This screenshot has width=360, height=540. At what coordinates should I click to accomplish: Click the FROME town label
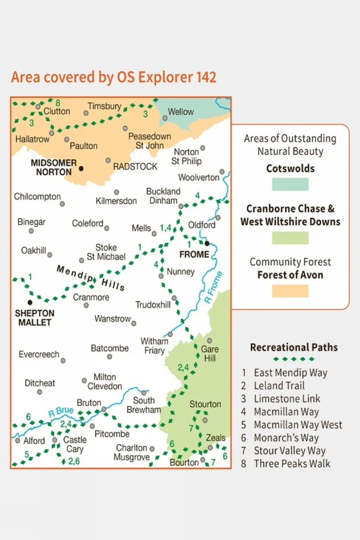tap(194, 254)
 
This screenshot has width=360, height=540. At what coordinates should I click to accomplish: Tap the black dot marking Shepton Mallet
tap(30, 302)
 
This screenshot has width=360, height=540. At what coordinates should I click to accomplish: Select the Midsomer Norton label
tap(53, 167)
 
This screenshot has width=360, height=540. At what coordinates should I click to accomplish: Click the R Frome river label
tap(213, 287)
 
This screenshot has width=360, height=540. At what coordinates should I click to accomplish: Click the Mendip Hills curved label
tap(90, 278)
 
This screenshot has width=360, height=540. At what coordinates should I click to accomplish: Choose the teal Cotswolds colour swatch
tap(290, 184)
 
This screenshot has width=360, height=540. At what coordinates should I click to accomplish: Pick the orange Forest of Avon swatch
tap(290, 291)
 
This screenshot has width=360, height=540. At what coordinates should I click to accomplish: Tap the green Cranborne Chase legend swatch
tap(290, 238)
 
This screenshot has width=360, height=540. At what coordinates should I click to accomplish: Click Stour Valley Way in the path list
tap(289, 450)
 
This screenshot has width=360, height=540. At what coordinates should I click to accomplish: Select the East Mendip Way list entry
tap(290, 373)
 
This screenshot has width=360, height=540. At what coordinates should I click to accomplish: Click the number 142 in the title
tap(206, 77)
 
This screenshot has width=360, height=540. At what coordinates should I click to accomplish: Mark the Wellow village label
tap(181, 112)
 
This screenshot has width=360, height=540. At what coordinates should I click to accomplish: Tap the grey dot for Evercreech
tap(63, 361)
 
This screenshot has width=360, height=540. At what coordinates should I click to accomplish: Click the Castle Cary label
tap(75, 444)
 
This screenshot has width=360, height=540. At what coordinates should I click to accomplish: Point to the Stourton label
tap(205, 404)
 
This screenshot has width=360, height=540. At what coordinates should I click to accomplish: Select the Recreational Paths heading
tap(294, 347)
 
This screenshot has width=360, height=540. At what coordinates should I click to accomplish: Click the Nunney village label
tap(181, 271)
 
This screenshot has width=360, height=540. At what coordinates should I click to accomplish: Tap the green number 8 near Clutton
tap(58, 103)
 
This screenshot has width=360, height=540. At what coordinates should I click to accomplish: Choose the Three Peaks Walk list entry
tap(292, 463)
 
